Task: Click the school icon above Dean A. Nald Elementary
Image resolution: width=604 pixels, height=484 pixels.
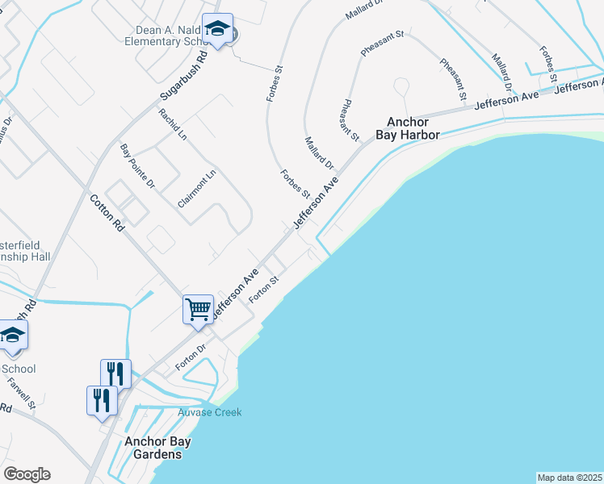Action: pyautogui.click(x=217, y=30)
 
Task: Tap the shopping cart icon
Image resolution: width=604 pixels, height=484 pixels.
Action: pyautogui.click(x=198, y=310)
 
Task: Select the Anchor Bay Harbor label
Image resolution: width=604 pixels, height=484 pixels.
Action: pyautogui.click(x=413, y=128)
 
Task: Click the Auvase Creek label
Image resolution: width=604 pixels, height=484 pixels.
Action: pyautogui.click(x=209, y=413)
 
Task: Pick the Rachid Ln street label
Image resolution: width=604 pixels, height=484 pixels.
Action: pyautogui.click(x=173, y=124)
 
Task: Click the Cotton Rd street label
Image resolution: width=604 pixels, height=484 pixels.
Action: pyautogui.click(x=107, y=213)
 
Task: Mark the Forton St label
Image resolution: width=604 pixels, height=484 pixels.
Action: pyautogui.click(x=264, y=289)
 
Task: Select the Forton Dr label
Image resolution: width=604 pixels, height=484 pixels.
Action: pyautogui.click(x=191, y=358)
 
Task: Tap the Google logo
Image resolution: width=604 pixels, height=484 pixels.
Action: pyautogui.click(x=27, y=474)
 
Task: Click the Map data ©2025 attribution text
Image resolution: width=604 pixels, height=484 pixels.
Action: pyautogui.click(x=570, y=478)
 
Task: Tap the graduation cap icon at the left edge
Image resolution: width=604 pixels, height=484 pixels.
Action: pyautogui.click(x=13, y=336)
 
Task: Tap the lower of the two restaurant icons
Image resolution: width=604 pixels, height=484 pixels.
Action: pyautogui.click(x=102, y=400)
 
